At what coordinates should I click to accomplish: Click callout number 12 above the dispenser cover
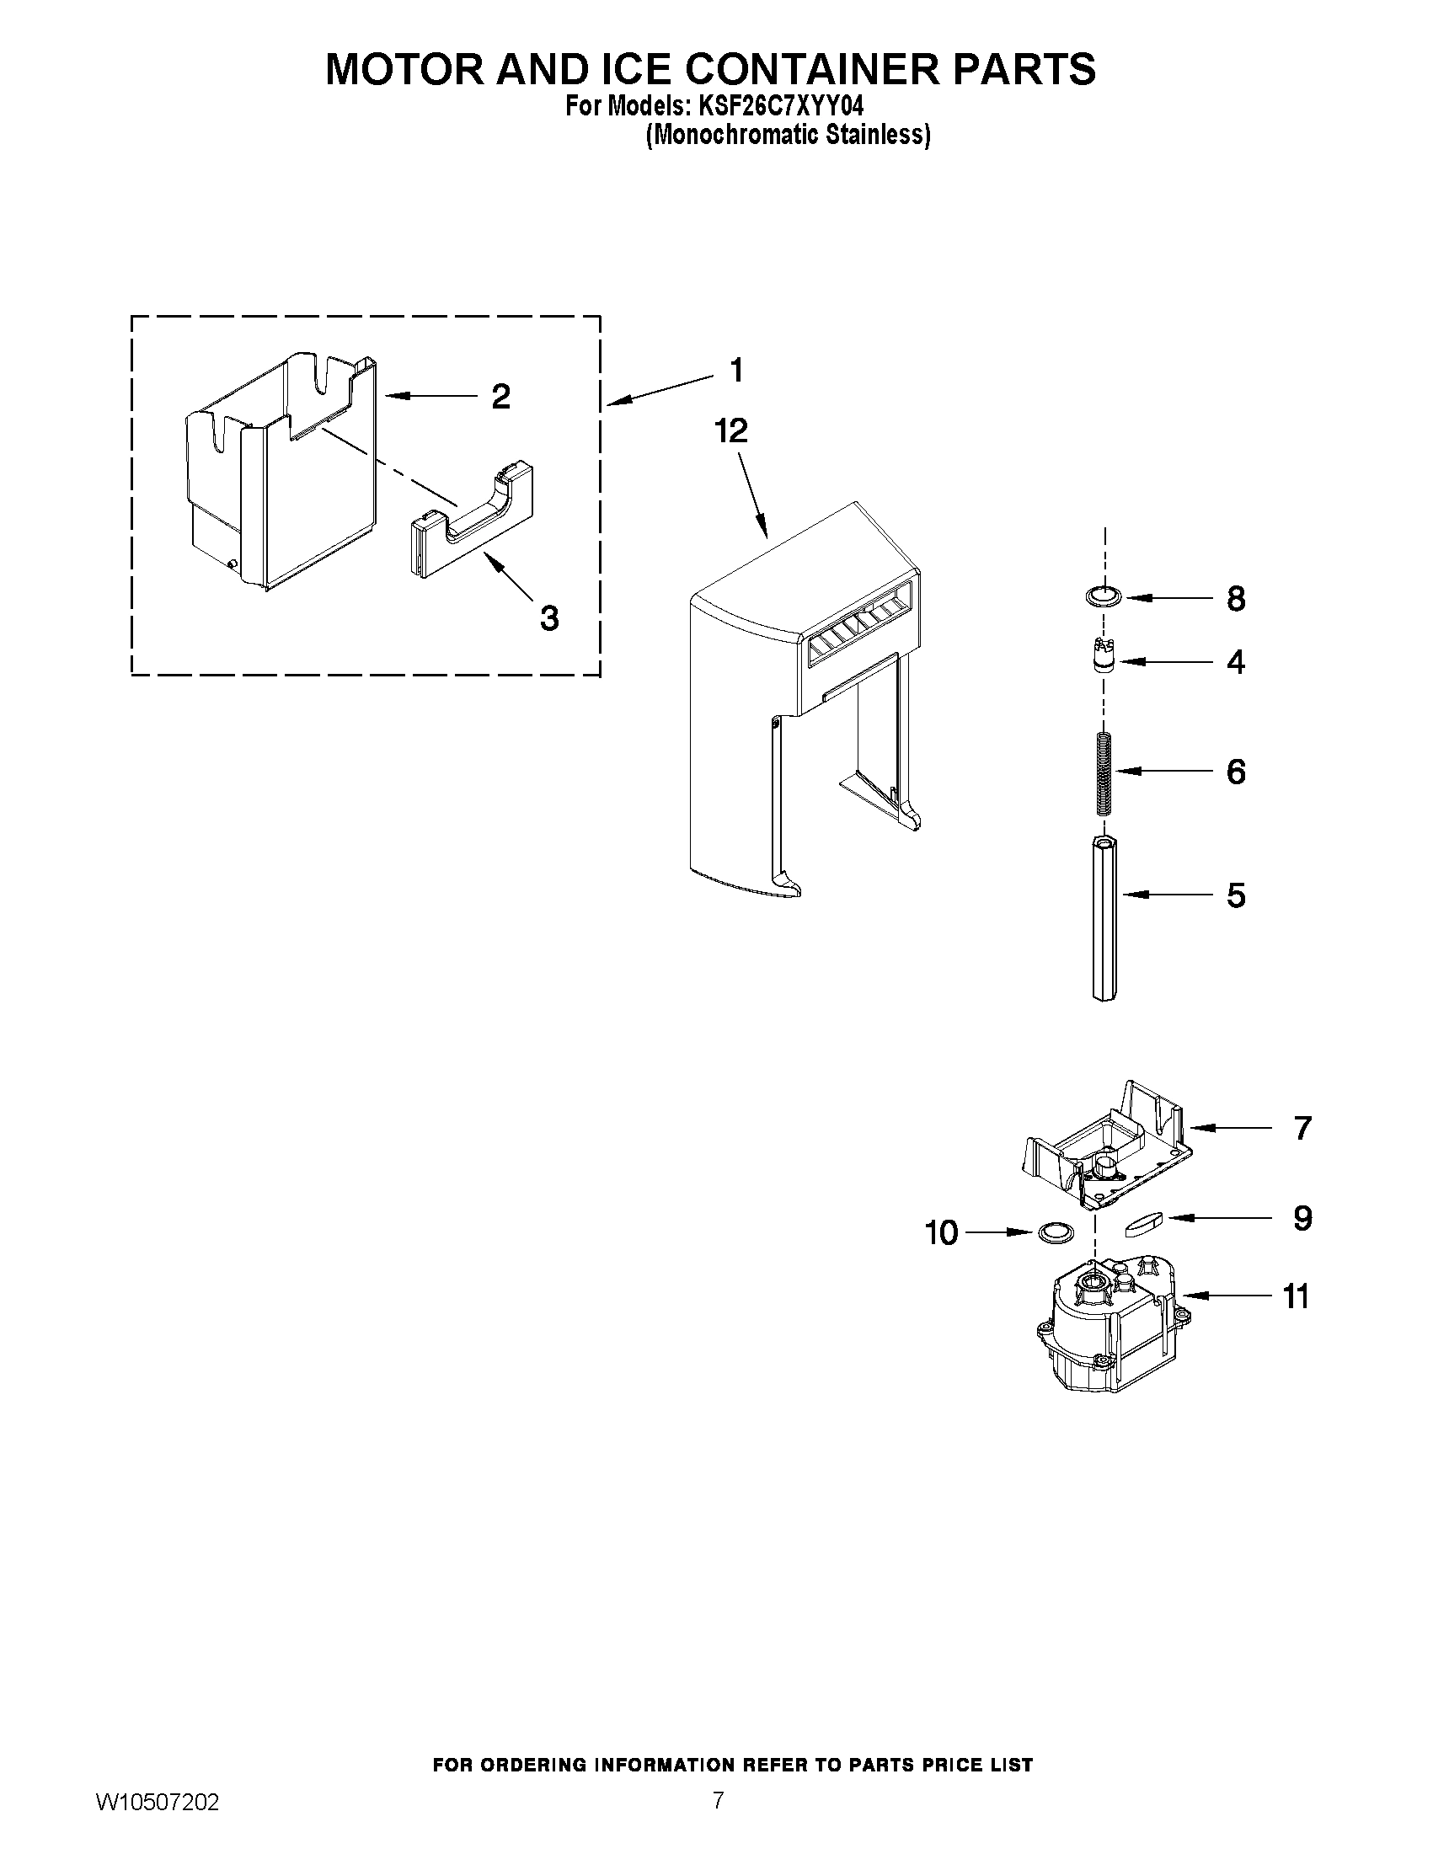(731, 432)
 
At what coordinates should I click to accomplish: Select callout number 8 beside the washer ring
(1236, 598)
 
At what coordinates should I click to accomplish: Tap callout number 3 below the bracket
(549, 618)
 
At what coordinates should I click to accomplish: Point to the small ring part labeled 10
(1054, 1232)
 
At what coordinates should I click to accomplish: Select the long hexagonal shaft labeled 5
(1104, 916)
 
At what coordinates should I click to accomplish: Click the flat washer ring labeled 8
(1103, 596)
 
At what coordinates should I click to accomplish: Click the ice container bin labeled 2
(281, 475)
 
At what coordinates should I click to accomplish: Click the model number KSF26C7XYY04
(780, 107)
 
